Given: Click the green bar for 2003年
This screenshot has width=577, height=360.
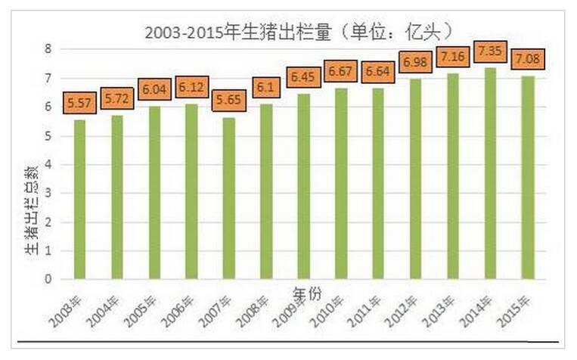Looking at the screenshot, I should pos(80,200).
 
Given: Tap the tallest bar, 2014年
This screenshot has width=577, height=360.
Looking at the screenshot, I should pos(490,174).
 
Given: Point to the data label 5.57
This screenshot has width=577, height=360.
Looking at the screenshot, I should pos(79,103).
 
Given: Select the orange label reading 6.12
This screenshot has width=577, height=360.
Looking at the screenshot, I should pos(191,88).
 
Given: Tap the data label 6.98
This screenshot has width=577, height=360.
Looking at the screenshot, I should pos(415,61).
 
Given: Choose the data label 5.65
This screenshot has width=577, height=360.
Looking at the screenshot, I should pos(228,101).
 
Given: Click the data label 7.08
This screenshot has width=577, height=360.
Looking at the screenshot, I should pos(527,58).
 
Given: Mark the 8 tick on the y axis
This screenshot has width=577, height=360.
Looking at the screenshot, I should pos(47,49).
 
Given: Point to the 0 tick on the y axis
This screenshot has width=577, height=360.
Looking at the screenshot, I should pos(47,279).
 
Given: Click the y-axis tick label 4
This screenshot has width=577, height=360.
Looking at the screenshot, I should pos(47,164).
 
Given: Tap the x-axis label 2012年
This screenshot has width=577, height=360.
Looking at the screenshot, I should pos(402,303).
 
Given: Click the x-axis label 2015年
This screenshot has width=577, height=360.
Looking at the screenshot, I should pos(514,303).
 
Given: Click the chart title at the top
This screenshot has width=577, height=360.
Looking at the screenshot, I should pos(299,32).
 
